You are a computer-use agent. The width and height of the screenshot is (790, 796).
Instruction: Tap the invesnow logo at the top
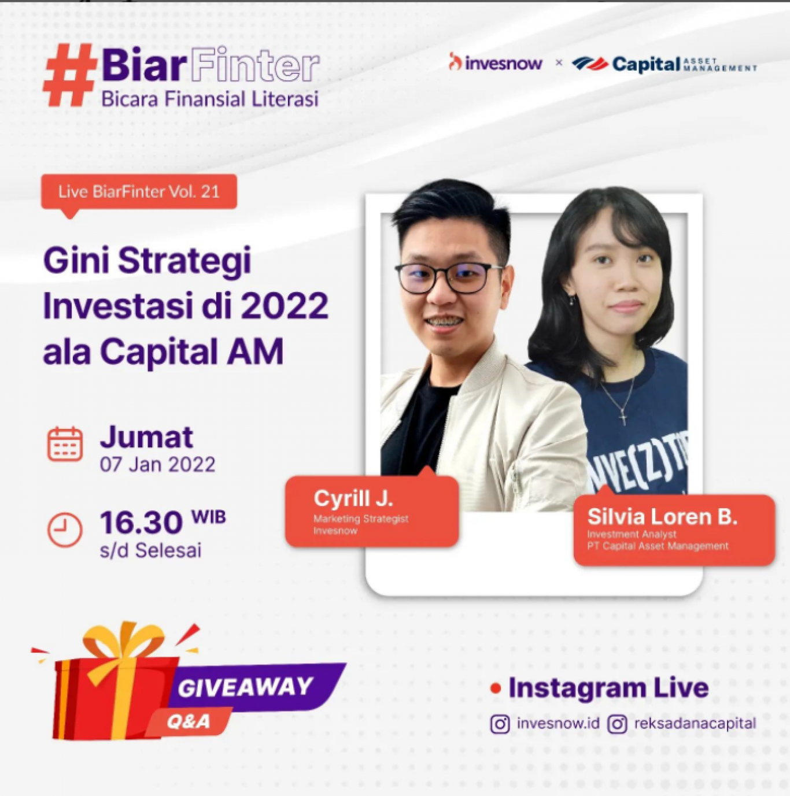tap(495, 62)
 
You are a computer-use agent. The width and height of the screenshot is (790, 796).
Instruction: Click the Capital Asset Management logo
tap(665, 64)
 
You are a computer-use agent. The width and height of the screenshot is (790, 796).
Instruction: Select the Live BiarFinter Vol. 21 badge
tap(139, 192)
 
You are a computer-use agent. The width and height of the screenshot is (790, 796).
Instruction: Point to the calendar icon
tap(65, 444)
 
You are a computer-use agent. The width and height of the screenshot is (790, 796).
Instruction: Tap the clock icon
tap(65, 530)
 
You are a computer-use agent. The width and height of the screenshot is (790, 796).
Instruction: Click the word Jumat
tap(146, 436)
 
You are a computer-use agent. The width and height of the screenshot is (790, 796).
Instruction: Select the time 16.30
tap(141, 523)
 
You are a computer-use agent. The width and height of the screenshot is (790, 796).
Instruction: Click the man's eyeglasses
tap(449, 277)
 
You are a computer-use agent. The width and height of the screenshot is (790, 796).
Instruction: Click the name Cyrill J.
tap(353, 498)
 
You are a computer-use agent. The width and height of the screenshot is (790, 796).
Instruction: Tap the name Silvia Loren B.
tap(662, 516)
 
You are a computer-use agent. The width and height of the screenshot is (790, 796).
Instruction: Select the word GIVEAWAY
tap(245, 687)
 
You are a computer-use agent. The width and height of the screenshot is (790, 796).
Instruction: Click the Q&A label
tap(188, 722)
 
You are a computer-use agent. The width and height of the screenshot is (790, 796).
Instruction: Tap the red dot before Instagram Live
tap(496, 688)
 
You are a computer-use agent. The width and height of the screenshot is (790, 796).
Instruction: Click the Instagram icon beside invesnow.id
tap(500, 724)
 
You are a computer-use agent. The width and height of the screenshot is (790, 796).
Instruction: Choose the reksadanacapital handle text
tap(695, 723)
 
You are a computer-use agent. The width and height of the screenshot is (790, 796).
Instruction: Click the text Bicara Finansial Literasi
tap(210, 99)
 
